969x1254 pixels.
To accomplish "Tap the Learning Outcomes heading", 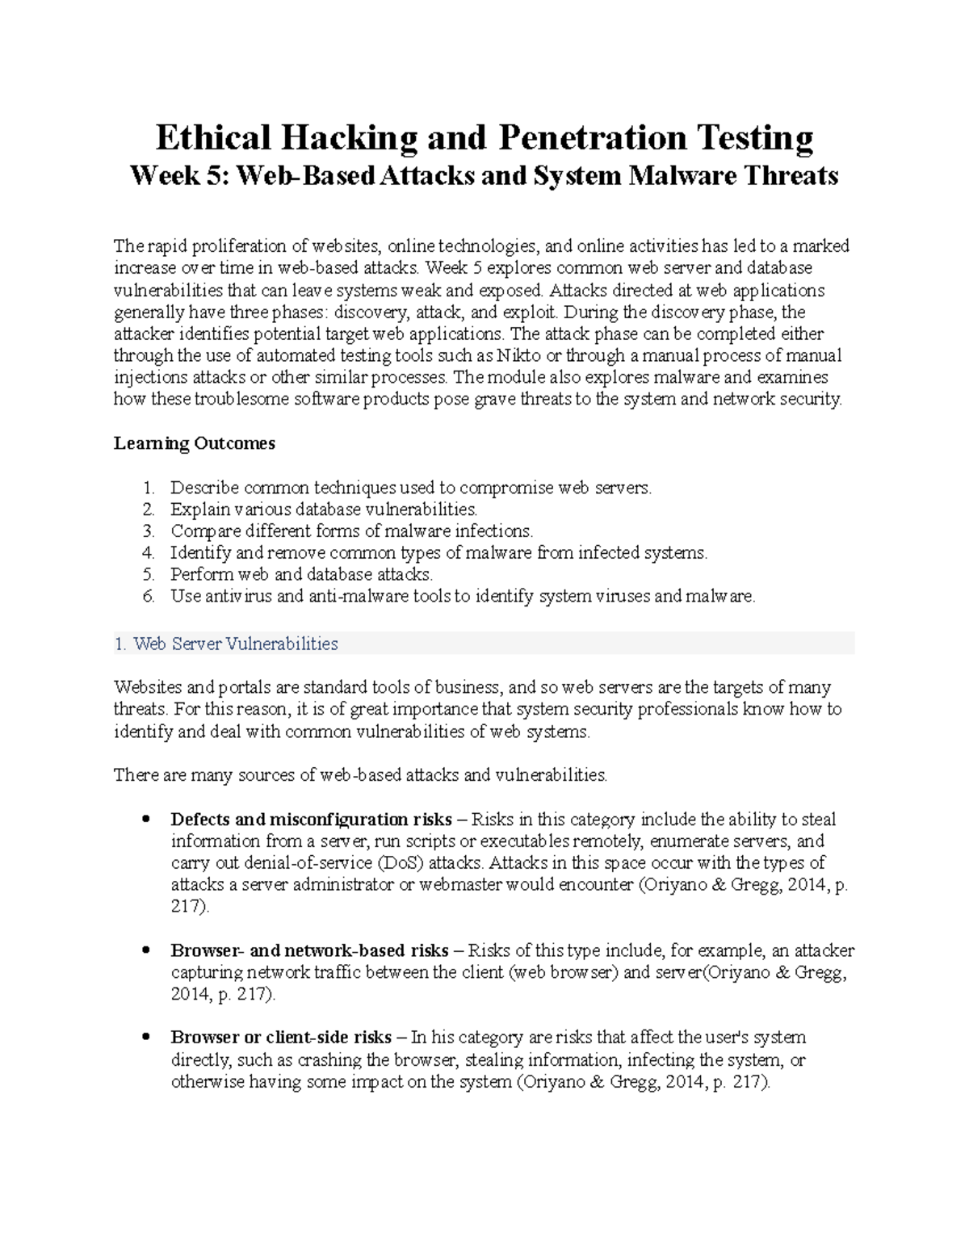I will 194,443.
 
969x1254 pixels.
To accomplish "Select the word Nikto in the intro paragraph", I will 521,356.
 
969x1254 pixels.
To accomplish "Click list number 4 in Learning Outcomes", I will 147,553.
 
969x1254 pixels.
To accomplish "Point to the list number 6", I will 147,597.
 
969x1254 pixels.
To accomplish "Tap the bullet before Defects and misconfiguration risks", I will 146,820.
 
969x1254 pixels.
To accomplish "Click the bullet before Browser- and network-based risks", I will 146,950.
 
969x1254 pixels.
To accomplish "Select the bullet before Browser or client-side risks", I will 146,1038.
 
